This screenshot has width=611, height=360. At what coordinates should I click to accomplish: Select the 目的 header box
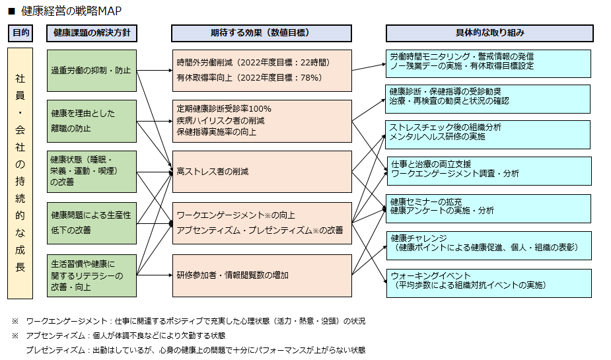click(x=20, y=33)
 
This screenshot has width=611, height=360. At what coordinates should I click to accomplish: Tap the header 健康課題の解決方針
click(x=92, y=33)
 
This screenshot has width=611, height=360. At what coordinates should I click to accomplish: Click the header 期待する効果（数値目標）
click(x=262, y=33)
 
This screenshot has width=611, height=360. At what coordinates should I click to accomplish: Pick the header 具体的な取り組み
click(x=489, y=33)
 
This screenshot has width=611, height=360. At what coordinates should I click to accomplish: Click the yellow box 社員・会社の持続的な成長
click(x=20, y=173)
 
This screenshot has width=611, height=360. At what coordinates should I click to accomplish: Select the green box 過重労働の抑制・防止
click(x=92, y=70)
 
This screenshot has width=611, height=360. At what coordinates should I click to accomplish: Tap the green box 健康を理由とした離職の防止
click(x=92, y=121)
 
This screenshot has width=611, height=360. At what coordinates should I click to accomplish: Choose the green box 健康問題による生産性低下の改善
click(x=92, y=223)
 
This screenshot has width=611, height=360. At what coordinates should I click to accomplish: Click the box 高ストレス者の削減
click(x=262, y=172)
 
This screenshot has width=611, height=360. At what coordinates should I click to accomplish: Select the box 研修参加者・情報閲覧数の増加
click(x=262, y=275)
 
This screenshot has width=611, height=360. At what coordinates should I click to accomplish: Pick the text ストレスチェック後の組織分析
click(x=446, y=127)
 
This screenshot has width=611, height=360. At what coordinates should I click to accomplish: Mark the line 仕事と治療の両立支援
click(x=431, y=164)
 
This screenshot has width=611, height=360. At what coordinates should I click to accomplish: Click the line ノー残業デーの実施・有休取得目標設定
click(x=461, y=66)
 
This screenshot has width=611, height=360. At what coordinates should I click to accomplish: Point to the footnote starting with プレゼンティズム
click(x=195, y=350)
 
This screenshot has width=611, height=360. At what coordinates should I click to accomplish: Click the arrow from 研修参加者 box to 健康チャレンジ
click(x=369, y=258)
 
